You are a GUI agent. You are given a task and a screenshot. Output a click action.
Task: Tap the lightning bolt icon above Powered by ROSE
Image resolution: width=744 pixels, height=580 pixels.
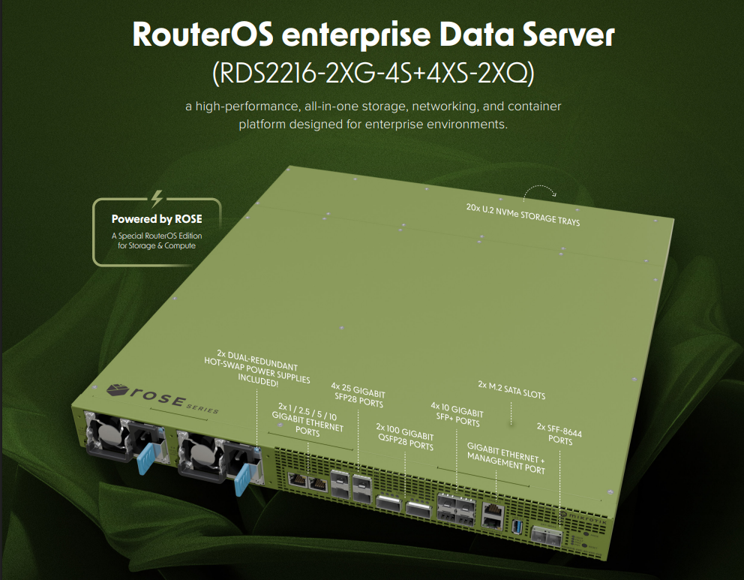(x=157, y=199)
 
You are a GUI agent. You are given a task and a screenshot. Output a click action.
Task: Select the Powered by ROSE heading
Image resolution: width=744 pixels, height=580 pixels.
(x=157, y=219)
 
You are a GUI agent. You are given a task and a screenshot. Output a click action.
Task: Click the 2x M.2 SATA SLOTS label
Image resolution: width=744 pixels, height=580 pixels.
(x=511, y=394)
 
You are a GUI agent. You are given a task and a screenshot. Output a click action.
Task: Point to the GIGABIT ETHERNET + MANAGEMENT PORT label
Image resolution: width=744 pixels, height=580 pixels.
(x=505, y=458)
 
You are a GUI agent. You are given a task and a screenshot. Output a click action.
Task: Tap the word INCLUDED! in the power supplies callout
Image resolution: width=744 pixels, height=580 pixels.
(x=257, y=383)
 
